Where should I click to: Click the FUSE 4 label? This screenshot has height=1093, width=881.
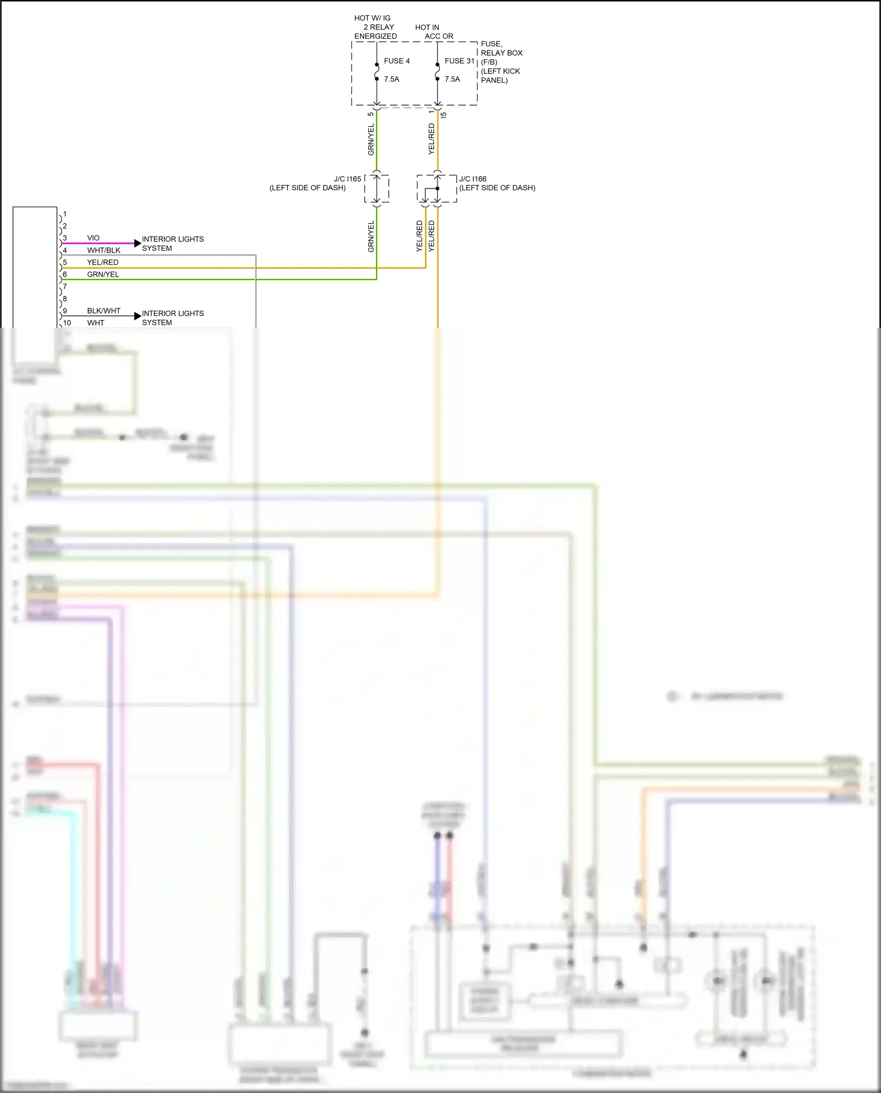tap(396, 61)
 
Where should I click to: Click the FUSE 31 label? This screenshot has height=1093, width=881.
tap(459, 61)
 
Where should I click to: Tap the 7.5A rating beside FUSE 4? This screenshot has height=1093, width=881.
tap(391, 79)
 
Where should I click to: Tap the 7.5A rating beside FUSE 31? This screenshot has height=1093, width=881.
tap(452, 79)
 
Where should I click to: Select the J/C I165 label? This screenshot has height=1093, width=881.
tap(347, 179)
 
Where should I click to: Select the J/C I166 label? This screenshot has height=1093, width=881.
tap(473, 179)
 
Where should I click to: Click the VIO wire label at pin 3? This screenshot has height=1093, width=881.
tap(93, 238)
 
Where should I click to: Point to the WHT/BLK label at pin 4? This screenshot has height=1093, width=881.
tap(103, 250)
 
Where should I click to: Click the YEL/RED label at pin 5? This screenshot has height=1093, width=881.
tap(103, 263)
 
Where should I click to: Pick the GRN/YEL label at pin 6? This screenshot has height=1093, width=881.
tap(103, 274)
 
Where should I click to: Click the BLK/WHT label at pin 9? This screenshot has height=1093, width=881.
tap(103, 311)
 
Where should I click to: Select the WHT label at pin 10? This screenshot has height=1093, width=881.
tap(96, 323)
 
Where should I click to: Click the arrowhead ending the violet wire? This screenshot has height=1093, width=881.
tap(137, 243)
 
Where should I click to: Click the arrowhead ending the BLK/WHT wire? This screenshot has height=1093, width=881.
tap(137, 316)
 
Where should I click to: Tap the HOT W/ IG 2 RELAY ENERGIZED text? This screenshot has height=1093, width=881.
tap(375, 27)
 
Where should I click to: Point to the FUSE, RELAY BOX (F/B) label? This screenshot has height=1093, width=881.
tap(501, 53)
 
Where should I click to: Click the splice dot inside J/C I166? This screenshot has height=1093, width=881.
tap(438, 189)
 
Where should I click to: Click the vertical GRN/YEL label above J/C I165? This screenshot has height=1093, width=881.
tap(371, 140)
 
